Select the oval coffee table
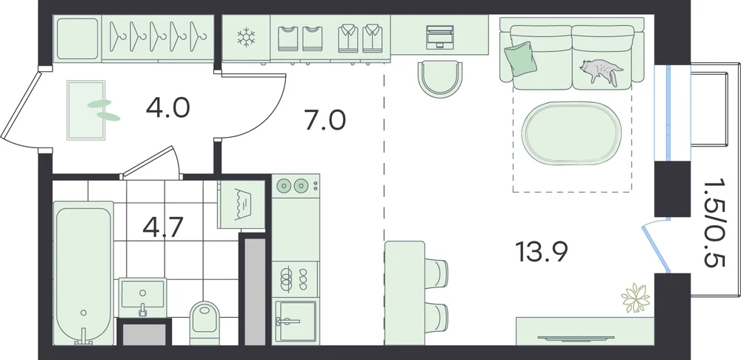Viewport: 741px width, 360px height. coord(571,133)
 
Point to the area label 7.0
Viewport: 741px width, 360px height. coord(325,120)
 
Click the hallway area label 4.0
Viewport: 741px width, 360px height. coord(167,107)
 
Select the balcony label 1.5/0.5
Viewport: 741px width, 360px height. coord(714,222)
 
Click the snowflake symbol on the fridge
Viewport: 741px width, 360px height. coord(246,38)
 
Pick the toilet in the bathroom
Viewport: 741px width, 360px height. coord(205,321)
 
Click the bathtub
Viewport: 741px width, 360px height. coord(84,273)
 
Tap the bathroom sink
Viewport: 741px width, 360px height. coord(142,296)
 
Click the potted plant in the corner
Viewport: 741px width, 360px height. coord(635,298)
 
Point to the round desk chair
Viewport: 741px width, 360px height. coord(440,79)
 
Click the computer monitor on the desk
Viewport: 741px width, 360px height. coord(440,37)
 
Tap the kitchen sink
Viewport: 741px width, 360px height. coord(296,321)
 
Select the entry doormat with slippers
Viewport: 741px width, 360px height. coord(87,110)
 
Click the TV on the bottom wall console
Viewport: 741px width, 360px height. coord(576,338)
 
